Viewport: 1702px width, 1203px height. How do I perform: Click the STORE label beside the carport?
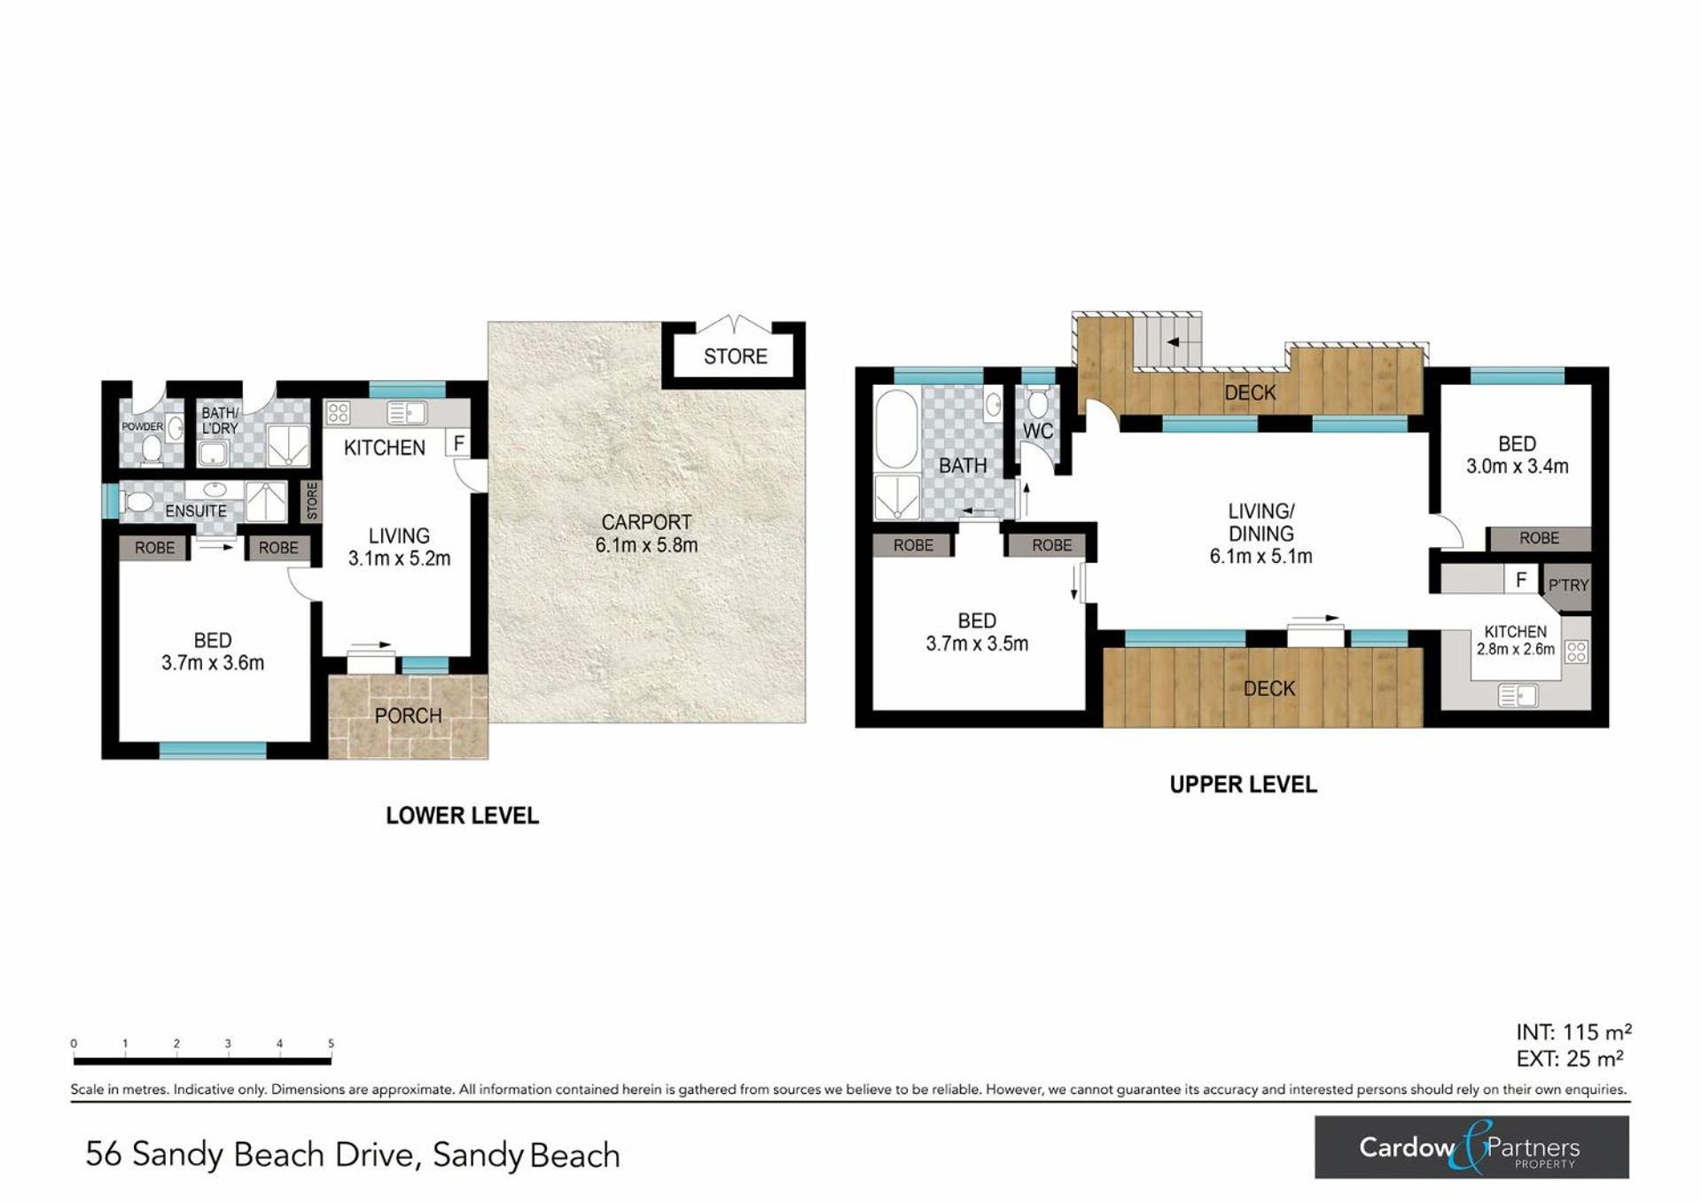click(735, 356)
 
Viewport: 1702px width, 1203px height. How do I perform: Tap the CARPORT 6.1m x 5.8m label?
click(646, 534)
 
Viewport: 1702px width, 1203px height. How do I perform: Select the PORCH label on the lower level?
click(408, 715)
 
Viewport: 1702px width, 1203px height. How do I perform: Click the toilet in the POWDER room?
click(151, 451)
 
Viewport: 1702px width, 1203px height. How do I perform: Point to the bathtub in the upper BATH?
click(896, 429)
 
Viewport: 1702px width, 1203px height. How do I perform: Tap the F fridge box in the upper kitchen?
click(1521, 580)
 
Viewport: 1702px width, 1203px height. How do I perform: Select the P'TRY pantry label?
click(1568, 585)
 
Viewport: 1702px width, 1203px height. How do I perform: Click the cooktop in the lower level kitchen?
click(338, 412)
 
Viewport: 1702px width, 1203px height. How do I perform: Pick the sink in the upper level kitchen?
click(1518, 696)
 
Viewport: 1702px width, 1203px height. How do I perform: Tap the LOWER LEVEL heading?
click(462, 816)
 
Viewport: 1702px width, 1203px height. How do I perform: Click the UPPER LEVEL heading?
click(1243, 785)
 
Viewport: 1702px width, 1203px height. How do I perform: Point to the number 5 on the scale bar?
click(331, 1043)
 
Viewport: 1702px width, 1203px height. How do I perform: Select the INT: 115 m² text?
click(1573, 1032)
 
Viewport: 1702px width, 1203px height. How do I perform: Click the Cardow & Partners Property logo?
click(1472, 1147)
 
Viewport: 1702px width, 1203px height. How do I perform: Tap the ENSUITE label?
click(196, 512)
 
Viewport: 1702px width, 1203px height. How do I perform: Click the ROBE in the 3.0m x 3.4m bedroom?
click(1539, 538)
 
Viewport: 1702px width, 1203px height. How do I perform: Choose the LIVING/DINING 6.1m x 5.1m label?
click(1261, 534)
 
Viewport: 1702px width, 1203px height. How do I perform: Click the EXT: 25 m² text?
click(1570, 1058)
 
